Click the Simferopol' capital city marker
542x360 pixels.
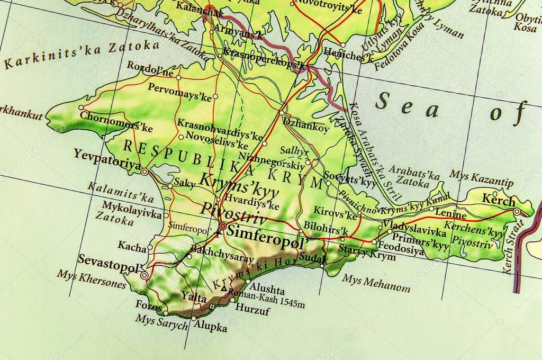[x=222, y=227]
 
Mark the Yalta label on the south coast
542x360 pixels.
[x=193, y=297]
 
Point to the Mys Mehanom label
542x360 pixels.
[x=376, y=283]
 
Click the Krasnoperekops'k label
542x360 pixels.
[x=265, y=59]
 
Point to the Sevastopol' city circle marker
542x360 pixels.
[x=144, y=275]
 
